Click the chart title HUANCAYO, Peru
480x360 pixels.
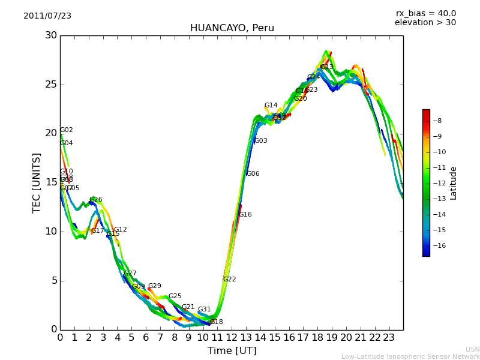pyautogui.click(x=232, y=28)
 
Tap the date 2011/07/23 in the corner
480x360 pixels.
pyautogui.click(x=47, y=16)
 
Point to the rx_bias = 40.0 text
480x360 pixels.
pyautogui.click(x=425, y=14)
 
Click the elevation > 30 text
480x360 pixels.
pyautogui.click(x=425, y=23)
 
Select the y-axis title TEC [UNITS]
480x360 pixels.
pyautogui.click(x=37, y=182)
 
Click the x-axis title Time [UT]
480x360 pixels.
pyautogui.click(x=232, y=351)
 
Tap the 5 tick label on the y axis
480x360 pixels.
pyautogui.click(x=53, y=280)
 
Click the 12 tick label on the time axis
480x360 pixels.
pyautogui.click(x=232, y=337)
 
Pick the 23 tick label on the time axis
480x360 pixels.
pyautogui.click(x=389, y=337)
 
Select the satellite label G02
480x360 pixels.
pyautogui.click(x=67, y=130)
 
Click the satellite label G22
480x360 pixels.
pyautogui.click(x=230, y=280)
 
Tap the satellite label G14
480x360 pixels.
pyautogui.click(x=271, y=106)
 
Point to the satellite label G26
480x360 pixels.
pyautogui.click(x=96, y=200)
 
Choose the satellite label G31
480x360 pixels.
pyautogui.click(x=205, y=310)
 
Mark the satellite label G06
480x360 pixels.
pyautogui.click(x=253, y=174)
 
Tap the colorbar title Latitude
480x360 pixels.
pyautogui.click(x=454, y=183)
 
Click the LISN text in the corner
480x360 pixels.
pyautogui.click(x=472, y=349)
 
